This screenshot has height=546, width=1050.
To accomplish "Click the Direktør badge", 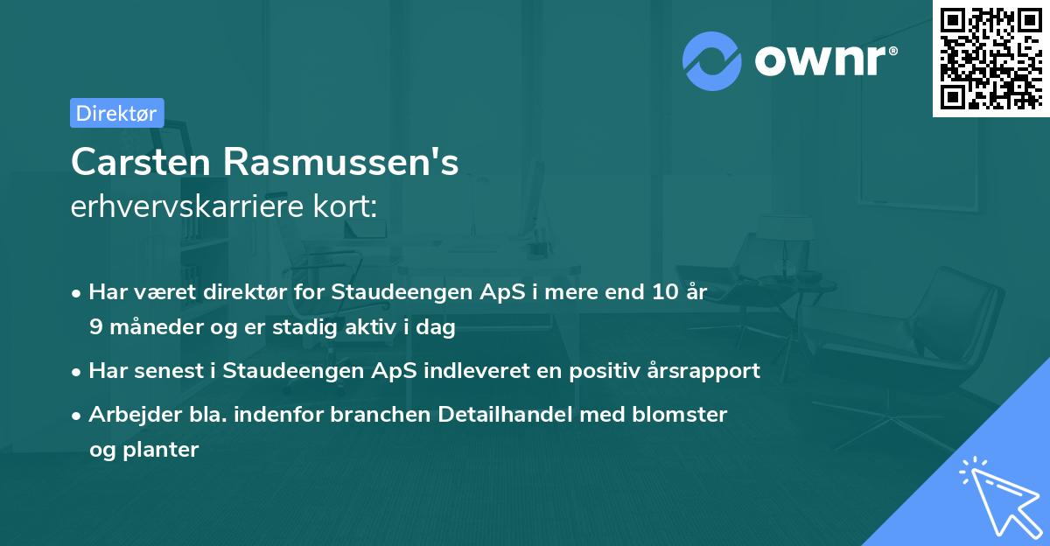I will pos(116,113).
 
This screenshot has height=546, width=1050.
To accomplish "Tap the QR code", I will pos(990,59).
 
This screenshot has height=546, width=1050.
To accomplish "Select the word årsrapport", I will pos(706,371).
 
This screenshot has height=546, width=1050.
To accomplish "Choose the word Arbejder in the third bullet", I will pos(128,415).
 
